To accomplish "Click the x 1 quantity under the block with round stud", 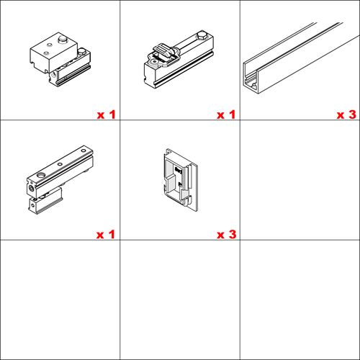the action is tap(106, 114).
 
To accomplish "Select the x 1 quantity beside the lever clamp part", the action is tap(226, 114).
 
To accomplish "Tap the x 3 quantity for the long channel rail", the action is tap(346, 114).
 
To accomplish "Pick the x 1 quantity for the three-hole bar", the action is tap(106, 235).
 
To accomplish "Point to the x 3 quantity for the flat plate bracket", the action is tap(227, 235).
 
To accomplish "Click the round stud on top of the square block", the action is tap(63, 40).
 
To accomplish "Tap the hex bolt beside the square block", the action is tap(82, 51).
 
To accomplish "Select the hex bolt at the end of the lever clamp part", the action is tap(202, 35).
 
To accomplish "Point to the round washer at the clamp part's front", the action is tap(153, 62).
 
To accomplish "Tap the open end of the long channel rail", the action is tap(251, 78).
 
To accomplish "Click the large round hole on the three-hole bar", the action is tap(41, 175).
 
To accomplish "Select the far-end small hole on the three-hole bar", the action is tap(84, 150).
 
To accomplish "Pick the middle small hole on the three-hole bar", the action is tap(60, 164).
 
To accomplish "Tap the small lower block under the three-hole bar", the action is tap(45, 201).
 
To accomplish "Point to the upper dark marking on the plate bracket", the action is tap(178, 170).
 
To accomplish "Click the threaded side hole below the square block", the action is tap(53, 76).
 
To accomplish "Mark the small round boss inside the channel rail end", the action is tap(253, 85).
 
